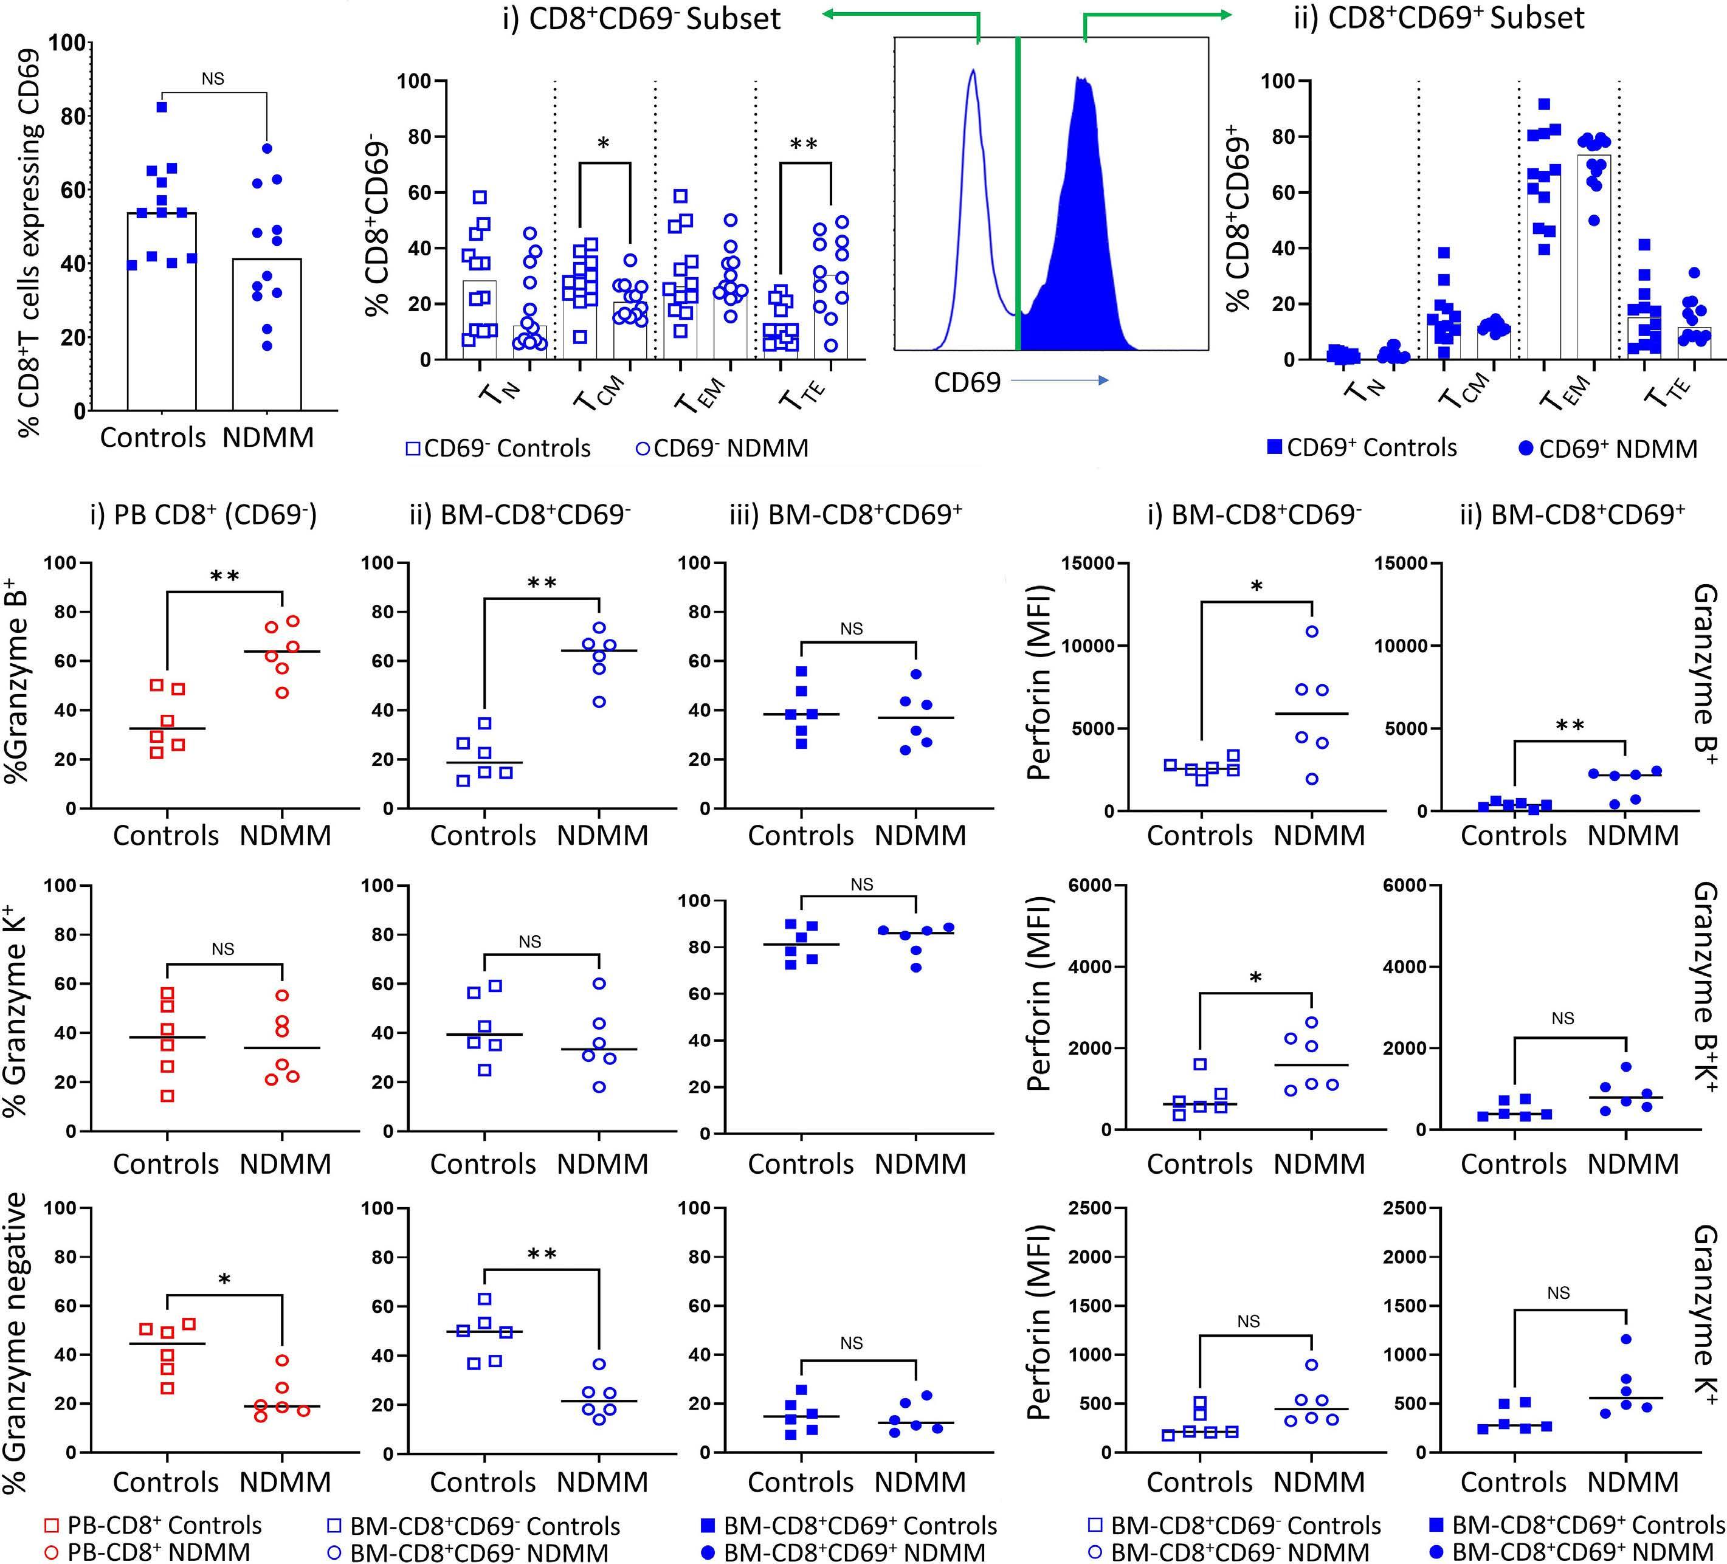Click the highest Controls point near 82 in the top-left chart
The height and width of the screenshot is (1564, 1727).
click(162, 107)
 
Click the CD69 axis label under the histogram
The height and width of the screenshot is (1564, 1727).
click(967, 382)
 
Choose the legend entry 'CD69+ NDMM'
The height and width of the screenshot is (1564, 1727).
click(1607, 449)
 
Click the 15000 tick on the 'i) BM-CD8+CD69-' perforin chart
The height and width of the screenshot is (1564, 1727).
click(1088, 563)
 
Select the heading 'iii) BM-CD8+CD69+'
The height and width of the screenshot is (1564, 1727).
click(846, 515)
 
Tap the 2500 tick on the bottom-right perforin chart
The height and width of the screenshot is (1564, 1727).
click(1405, 1208)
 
